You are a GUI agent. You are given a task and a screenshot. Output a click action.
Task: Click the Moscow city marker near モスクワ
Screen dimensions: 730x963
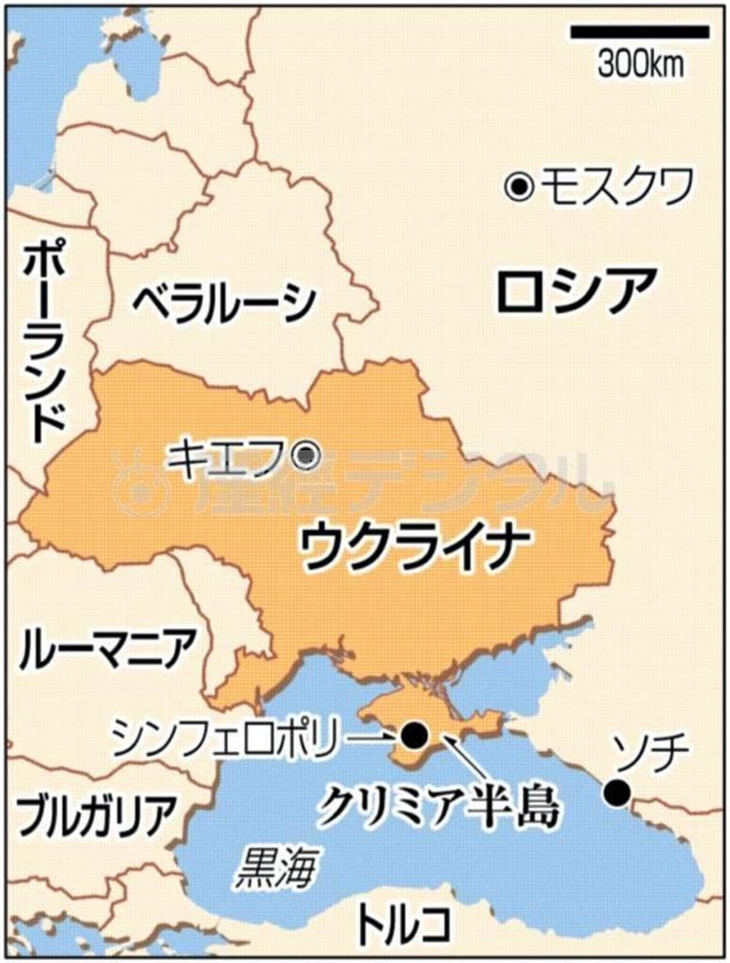click(517, 188)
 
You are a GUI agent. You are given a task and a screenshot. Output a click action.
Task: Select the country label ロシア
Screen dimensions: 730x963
click(575, 291)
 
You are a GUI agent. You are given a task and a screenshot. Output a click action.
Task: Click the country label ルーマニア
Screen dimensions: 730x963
click(108, 648)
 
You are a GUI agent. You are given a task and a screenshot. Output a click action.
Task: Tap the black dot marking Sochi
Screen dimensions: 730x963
click(616, 793)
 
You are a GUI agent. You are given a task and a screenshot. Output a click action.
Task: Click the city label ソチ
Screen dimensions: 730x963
click(651, 752)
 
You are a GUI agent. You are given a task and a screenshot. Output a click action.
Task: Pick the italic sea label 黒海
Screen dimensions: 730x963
click(275, 869)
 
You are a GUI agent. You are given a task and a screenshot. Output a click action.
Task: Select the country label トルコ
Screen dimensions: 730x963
click(403, 924)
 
